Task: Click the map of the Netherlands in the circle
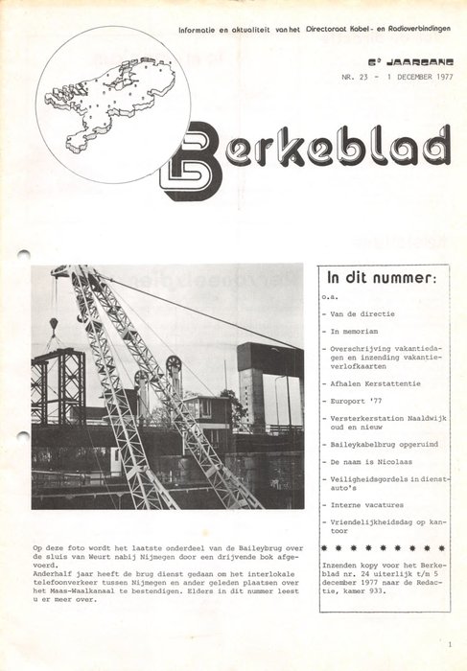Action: coord(113,102)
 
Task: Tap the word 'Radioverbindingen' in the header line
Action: coord(414,32)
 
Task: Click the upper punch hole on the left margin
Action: coord(24,256)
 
